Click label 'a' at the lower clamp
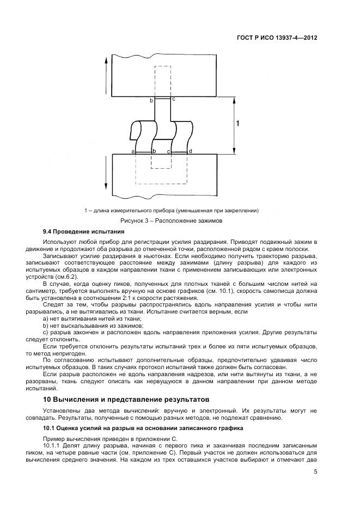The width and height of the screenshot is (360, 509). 133,151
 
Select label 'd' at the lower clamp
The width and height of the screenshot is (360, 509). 190,151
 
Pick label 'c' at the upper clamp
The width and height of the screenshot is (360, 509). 174,99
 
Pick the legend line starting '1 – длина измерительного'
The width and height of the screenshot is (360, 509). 172,210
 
